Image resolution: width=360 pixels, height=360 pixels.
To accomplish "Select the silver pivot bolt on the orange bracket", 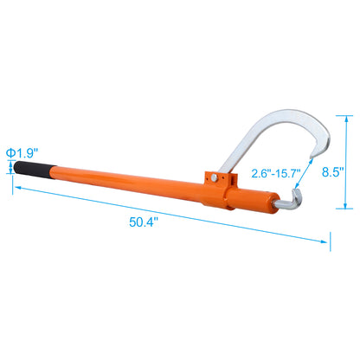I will click(x=213, y=179).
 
